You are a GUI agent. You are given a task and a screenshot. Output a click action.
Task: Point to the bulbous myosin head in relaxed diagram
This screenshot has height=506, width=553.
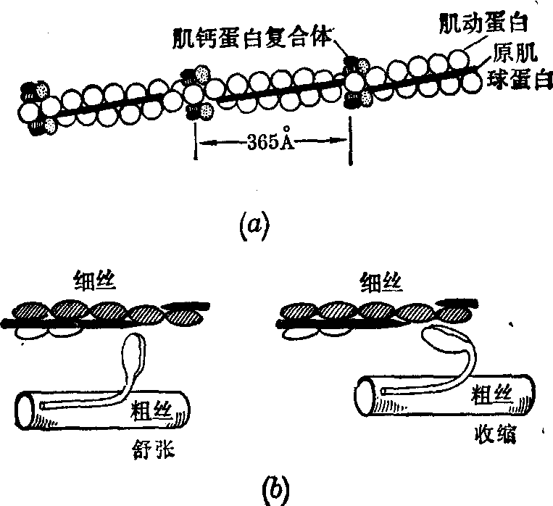point(133,351)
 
